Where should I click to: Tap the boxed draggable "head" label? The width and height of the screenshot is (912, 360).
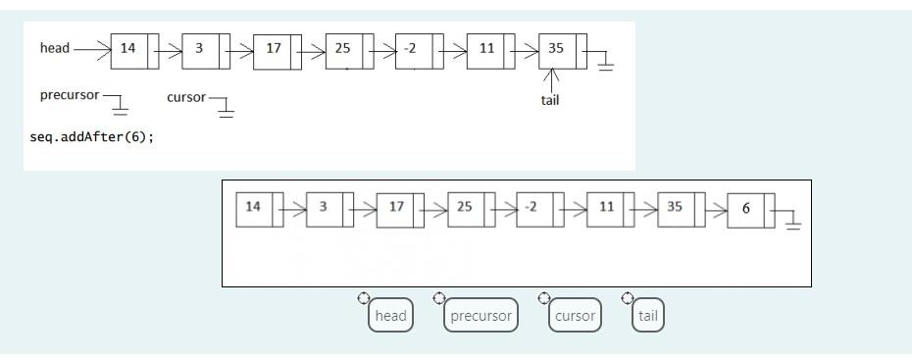[x=390, y=316]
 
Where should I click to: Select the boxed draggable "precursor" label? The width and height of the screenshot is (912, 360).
[x=480, y=316]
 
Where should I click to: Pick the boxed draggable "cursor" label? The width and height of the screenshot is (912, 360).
[x=575, y=316]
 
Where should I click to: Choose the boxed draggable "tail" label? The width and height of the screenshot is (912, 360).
[x=648, y=316]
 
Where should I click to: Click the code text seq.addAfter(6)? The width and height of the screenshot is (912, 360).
[x=92, y=136]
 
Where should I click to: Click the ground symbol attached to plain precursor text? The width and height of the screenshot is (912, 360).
[x=122, y=106]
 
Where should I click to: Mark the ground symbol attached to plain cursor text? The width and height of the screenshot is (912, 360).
[x=227, y=106]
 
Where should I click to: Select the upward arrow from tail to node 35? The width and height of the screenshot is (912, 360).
[x=554, y=79]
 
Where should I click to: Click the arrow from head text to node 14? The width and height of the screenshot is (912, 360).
[x=91, y=47]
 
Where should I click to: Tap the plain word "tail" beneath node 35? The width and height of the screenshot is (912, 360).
[x=550, y=100]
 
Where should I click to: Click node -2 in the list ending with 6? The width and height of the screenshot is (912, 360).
[x=535, y=208]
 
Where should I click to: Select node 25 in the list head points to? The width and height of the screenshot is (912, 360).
[x=346, y=49]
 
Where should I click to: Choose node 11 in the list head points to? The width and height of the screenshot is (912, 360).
[x=488, y=49]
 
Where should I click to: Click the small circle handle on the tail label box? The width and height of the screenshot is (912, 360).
[x=628, y=298]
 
